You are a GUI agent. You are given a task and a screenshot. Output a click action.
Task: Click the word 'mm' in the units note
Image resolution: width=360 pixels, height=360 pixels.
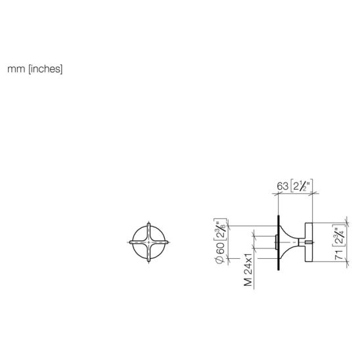(x=16, y=69)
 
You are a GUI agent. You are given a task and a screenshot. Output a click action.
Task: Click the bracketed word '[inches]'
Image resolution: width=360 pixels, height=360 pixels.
(x=45, y=69)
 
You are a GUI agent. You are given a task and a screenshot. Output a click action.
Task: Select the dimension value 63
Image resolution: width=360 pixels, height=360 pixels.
(x=282, y=186)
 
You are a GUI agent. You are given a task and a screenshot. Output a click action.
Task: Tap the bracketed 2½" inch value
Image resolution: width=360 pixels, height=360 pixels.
(x=301, y=186)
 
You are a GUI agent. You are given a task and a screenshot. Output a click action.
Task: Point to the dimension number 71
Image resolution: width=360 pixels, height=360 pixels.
(x=339, y=255)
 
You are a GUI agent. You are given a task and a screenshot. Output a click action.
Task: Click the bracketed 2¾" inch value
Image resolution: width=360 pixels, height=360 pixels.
(x=339, y=236)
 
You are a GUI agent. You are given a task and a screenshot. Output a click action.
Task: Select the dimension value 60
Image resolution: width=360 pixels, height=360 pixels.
(x=220, y=248)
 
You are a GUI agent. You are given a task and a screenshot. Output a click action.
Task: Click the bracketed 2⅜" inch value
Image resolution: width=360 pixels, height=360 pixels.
(x=220, y=229)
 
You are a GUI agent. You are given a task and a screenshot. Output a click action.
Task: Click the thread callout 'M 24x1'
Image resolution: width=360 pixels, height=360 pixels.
(x=248, y=270)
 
